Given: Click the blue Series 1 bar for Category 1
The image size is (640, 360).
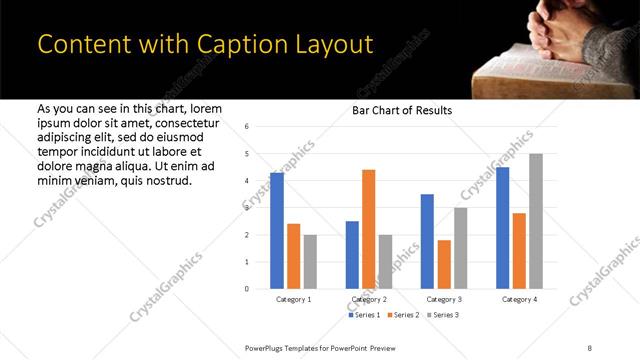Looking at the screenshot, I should click(277, 231).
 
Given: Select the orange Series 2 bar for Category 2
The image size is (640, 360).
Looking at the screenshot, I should click(368, 229).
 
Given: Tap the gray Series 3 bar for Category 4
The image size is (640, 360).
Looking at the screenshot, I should click(536, 221).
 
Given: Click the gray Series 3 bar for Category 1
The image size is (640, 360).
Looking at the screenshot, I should click(310, 262).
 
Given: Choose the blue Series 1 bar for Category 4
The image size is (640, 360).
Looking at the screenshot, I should click(502, 228).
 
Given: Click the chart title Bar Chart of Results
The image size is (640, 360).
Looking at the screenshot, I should click(402, 110).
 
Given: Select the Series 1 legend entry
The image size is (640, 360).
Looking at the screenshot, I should click(364, 315).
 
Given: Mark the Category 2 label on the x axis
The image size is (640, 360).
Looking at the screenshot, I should click(369, 300).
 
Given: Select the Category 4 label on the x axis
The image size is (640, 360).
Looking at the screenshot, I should click(519, 300).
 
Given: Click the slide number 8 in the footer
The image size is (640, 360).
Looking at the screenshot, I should click(590, 347).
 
